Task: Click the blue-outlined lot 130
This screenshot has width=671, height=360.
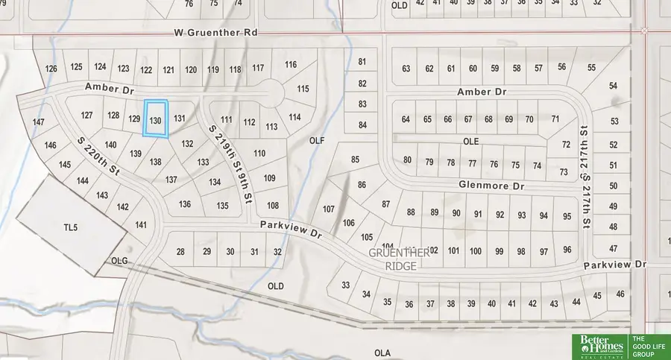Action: pyautogui.click(x=156, y=119)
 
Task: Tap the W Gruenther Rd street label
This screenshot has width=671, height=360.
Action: pyautogui.click(x=216, y=34)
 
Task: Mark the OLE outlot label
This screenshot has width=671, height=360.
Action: pyautogui.click(x=469, y=140)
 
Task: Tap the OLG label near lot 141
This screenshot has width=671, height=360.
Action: pyautogui.click(x=120, y=261)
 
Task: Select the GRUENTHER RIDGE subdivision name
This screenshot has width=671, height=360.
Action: pyautogui.click(x=399, y=258)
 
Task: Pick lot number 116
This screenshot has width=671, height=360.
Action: pyautogui.click(x=291, y=64)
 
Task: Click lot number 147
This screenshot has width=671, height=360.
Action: pyautogui.click(x=40, y=121)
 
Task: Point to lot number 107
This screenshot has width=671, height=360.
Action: pyautogui.click(x=329, y=209)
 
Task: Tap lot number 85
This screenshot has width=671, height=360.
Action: pyautogui.click(x=355, y=159)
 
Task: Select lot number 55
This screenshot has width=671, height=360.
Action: pyautogui.click(x=591, y=68)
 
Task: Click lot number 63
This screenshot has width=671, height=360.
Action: pyautogui.click(x=406, y=69)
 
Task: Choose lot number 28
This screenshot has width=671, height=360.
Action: pyautogui.click(x=180, y=252)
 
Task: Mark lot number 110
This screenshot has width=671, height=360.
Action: pyautogui.click(x=259, y=153)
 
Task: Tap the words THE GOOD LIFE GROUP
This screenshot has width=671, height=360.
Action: pyautogui.click(x=649, y=346)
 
